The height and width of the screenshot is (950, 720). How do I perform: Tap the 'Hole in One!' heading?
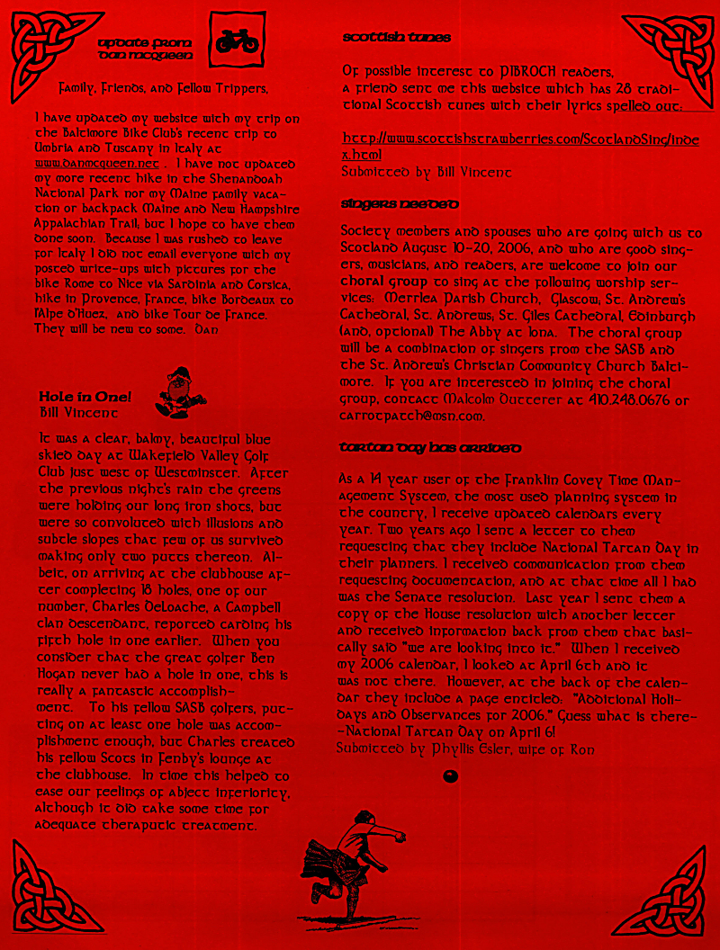[x=85, y=397]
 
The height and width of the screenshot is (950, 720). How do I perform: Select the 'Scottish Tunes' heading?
[x=396, y=38]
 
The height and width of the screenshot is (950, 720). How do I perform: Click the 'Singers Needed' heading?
[x=400, y=204]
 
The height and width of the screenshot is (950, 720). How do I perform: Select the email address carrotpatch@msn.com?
[x=413, y=416]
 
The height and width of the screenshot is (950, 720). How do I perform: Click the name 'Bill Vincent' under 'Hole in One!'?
[x=78, y=412]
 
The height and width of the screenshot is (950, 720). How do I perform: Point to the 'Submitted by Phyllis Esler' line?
[x=464, y=748]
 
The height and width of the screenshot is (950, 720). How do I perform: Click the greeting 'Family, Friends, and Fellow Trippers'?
[x=163, y=89]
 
